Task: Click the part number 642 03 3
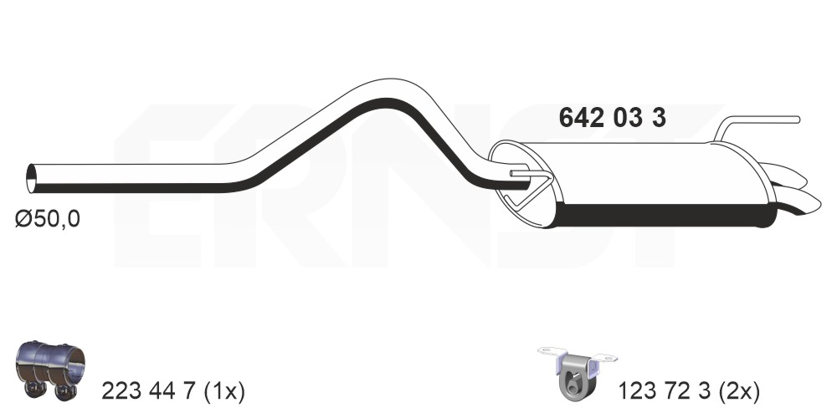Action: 612,118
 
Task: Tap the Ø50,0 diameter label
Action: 48,219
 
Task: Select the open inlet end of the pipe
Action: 32,179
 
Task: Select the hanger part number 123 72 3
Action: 664,392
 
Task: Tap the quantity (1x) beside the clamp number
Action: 224,392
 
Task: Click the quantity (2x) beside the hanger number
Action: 738,392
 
